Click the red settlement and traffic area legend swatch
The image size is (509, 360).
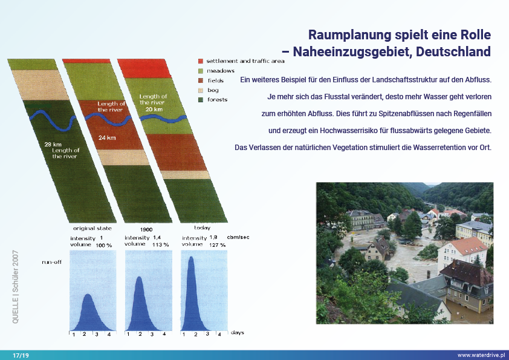[201, 61]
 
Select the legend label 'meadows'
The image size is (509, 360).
[221, 71]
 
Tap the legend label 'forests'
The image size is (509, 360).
[217, 100]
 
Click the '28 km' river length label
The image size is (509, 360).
[53, 144]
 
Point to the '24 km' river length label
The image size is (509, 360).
[107, 138]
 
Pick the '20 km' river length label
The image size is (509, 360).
[154, 109]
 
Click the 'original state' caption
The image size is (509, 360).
[92, 229]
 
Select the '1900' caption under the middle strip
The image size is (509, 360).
[146, 229]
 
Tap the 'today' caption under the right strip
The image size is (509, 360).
[203, 227]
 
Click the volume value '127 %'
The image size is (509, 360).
[217, 245]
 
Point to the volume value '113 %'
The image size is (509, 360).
[161, 244]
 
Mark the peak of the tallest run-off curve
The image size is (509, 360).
[191, 257]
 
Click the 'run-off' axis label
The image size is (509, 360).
[51, 262]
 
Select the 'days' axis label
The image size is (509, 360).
[238, 333]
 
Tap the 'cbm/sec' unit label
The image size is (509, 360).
[238, 237]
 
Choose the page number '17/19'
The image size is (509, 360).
[21, 355]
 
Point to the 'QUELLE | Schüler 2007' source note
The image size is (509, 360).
[15, 287]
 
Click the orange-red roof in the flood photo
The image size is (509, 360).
[468, 246]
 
